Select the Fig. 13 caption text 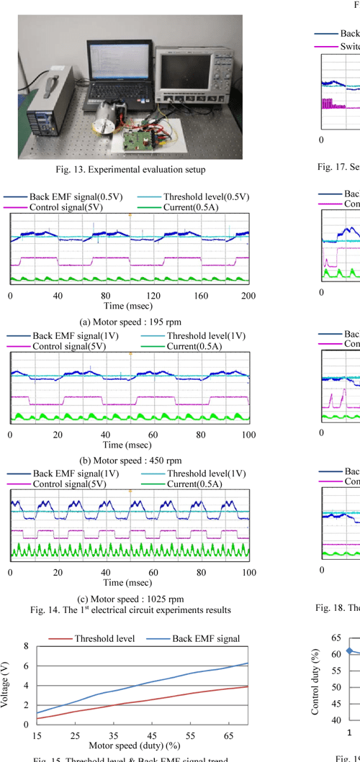130,170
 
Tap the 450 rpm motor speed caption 130,461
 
